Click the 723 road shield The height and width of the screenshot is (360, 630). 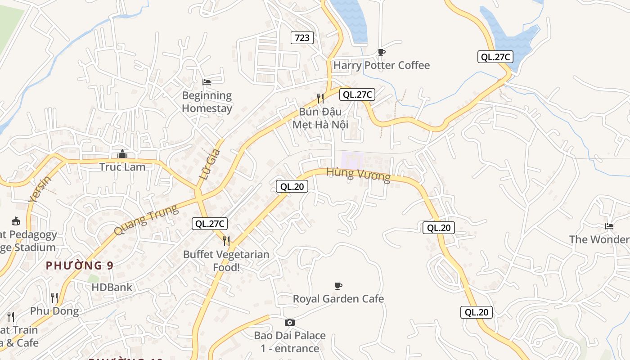(302, 38)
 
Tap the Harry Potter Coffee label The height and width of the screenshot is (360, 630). (381, 65)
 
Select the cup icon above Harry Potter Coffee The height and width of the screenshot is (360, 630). (382, 52)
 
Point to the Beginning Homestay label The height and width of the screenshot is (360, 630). (207, 102)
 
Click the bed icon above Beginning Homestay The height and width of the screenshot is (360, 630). (207, 82)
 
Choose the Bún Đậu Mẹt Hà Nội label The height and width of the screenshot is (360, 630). (320, 118)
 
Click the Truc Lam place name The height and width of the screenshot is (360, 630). (122, 167)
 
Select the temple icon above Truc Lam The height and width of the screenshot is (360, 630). (122, 154)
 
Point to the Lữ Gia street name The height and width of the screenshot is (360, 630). (210, 164)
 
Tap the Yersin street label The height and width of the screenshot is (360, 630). (40, 189)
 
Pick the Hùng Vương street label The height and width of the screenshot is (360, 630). (358, 174)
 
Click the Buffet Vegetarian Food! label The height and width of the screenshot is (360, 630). (226, 261)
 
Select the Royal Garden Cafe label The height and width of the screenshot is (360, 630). (338, 299)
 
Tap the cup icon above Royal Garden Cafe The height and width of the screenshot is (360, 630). (338, 286)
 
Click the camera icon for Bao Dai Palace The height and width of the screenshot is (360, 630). (290, 322)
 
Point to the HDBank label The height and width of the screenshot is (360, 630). (112, 287)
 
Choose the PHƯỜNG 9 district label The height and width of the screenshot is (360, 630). (80, 265)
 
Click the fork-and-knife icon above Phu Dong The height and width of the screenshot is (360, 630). (54, 297)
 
